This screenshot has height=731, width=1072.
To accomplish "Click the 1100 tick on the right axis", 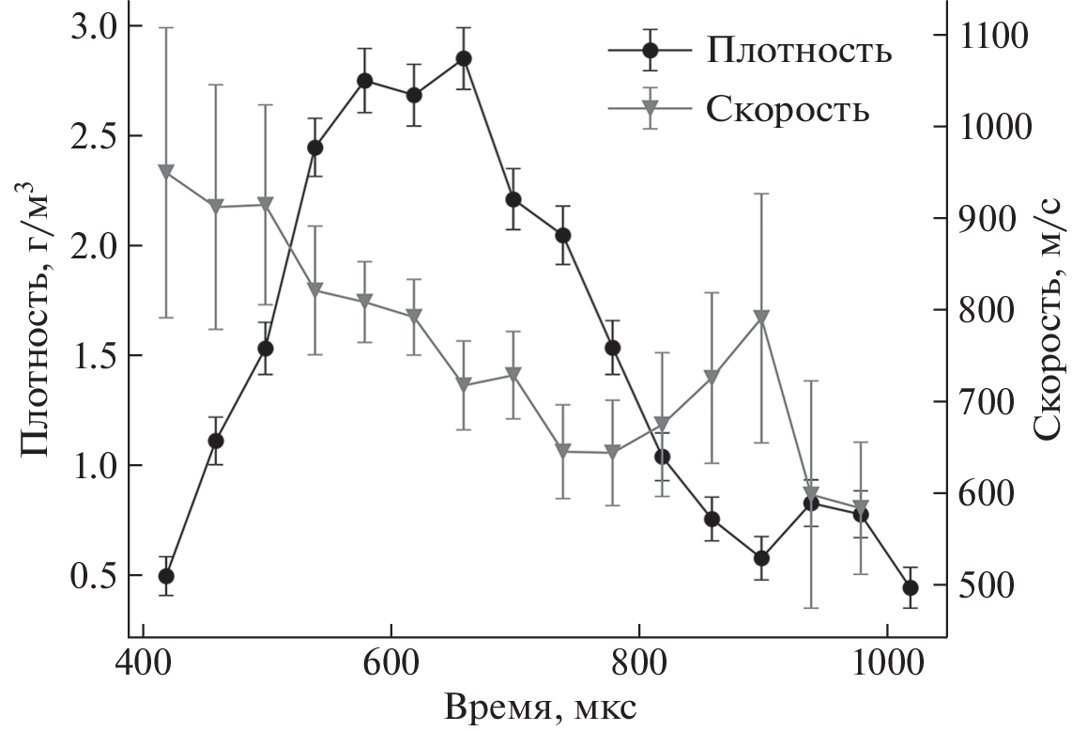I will tap(992, 36).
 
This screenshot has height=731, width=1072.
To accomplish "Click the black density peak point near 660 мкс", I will tap(463, 58).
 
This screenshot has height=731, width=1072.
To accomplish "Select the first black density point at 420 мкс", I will tap(166, 576).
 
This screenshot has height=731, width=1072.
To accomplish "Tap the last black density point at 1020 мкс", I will tap(910, 587).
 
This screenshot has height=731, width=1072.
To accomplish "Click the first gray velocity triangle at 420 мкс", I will tap(166, 172).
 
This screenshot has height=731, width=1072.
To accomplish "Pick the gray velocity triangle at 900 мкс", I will tap(762, 317).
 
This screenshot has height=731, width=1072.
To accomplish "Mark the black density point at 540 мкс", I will tap(314, 148).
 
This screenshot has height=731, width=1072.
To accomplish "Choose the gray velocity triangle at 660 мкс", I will tap(463, 384).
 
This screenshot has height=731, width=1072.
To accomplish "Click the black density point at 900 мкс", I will tap(762, 558).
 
